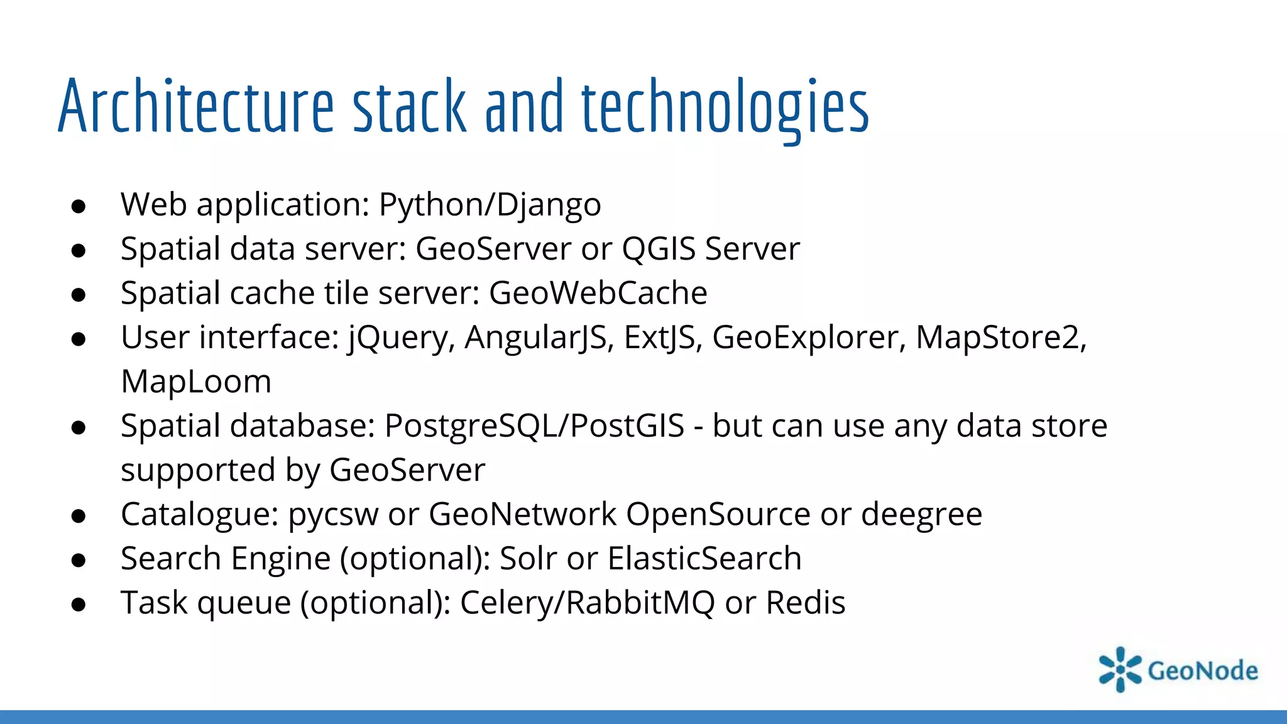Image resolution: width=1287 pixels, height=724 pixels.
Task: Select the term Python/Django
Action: tap(490, 205)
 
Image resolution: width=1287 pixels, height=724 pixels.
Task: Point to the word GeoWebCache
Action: tap(598, 293)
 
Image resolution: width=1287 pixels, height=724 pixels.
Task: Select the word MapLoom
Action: tap(196, 381)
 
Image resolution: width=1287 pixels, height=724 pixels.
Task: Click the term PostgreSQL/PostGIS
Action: tap(534, 426)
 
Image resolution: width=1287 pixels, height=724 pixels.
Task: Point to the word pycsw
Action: tap(333, 515)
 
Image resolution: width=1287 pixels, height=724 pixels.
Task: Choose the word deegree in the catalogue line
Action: tap(921, 515)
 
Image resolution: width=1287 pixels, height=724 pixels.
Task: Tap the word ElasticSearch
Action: tap(704, 559)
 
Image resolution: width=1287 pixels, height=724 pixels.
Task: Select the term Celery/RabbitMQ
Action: tap(588, 603)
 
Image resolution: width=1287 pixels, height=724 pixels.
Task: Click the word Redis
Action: tap(806, 603)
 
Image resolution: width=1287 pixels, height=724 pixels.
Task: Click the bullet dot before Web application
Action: tap(79, 207)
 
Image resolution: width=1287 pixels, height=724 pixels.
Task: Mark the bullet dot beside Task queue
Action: tap(79, 605)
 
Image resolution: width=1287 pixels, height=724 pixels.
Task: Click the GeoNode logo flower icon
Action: tap(1120, 669)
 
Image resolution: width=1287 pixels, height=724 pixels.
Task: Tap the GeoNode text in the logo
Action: tap(1203, 671)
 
